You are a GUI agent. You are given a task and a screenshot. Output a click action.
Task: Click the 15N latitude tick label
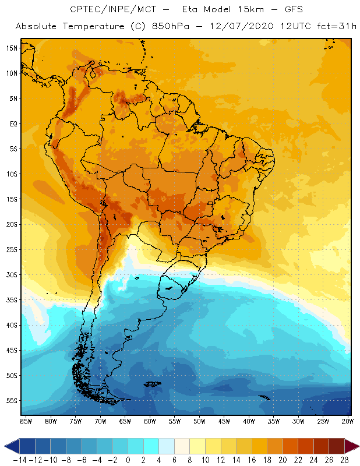point(11,48)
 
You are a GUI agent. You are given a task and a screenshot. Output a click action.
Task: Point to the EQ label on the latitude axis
point(12,123)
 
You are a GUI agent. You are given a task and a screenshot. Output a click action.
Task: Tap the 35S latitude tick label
point(11,300)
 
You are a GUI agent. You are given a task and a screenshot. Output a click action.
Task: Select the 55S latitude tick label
point(11,401)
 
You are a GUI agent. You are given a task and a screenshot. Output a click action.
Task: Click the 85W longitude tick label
point(26,421)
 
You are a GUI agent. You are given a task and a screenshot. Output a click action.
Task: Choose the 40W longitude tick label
point(249,421)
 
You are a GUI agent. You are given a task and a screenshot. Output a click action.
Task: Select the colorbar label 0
point(128,460)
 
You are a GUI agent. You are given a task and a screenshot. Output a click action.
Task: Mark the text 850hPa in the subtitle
point(186,27)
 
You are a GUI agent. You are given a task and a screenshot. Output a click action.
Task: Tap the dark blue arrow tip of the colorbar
point(8,446)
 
